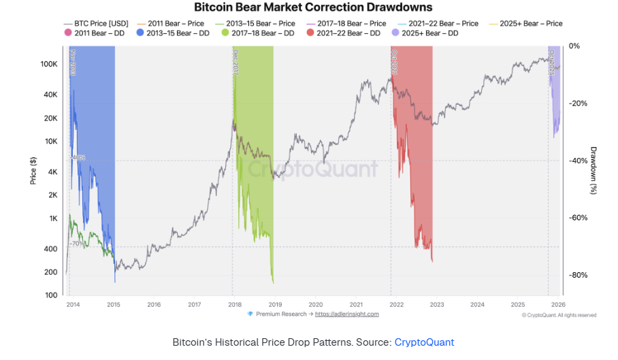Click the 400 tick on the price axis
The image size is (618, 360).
(50, 249)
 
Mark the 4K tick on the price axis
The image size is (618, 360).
(52, 172)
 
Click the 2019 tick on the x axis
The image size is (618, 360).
(274, 304)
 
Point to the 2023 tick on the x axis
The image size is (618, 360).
(437, 304)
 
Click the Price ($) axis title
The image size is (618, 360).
(33, 170)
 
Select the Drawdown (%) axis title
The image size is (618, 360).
(593, 170)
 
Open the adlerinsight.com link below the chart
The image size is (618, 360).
(347, 314)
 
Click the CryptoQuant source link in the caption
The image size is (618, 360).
(424, 342)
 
